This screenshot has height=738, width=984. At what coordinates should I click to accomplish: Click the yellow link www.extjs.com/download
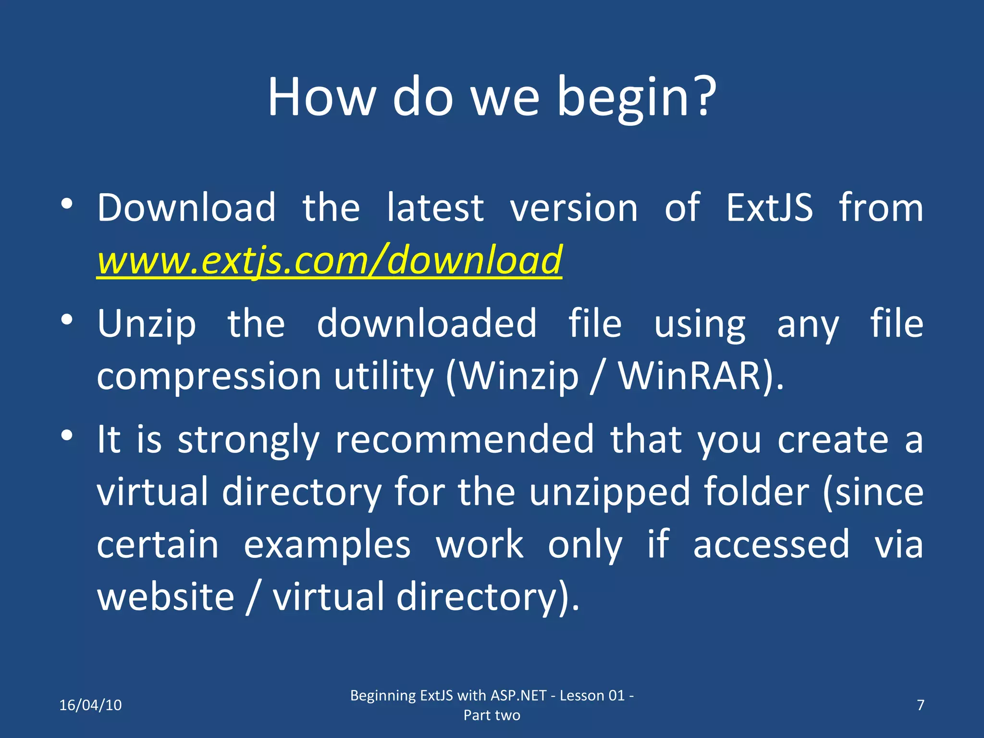coord(329,260)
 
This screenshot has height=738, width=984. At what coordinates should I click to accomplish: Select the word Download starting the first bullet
coord(186,208)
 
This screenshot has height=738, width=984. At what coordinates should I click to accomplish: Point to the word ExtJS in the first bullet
coord(769,208)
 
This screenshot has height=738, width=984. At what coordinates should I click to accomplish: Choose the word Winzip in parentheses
coord(519,376)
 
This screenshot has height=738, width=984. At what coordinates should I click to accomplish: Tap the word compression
coord(209,376)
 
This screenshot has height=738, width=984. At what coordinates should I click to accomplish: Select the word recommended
coord(465,439)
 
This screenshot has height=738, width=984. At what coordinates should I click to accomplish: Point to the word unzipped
coord(610,492)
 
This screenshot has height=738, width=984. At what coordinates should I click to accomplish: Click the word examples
coord(327,545)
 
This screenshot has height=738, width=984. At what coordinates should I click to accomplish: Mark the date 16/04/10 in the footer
coord(90,705)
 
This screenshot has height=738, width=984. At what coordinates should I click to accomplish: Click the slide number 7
coord(921,705)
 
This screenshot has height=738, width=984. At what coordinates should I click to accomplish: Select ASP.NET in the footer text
coord(518,695)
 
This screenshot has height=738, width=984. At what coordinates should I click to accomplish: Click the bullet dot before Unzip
coord(67,319)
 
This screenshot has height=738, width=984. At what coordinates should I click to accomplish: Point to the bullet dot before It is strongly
coord(67,435)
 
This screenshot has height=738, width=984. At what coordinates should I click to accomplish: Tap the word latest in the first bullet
coord(435,208)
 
